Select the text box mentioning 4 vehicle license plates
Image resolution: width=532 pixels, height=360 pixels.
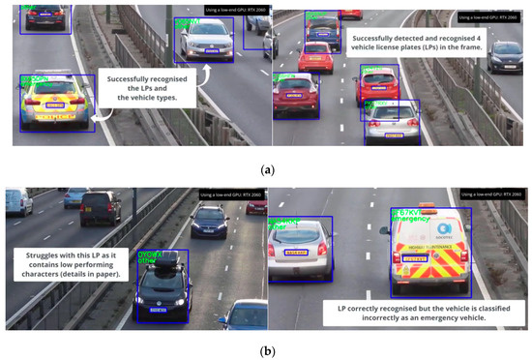399,41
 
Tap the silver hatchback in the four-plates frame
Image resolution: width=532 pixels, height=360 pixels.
393,121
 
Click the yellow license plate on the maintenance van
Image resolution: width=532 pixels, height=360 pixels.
413,257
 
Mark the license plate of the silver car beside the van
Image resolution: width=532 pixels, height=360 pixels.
297,254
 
